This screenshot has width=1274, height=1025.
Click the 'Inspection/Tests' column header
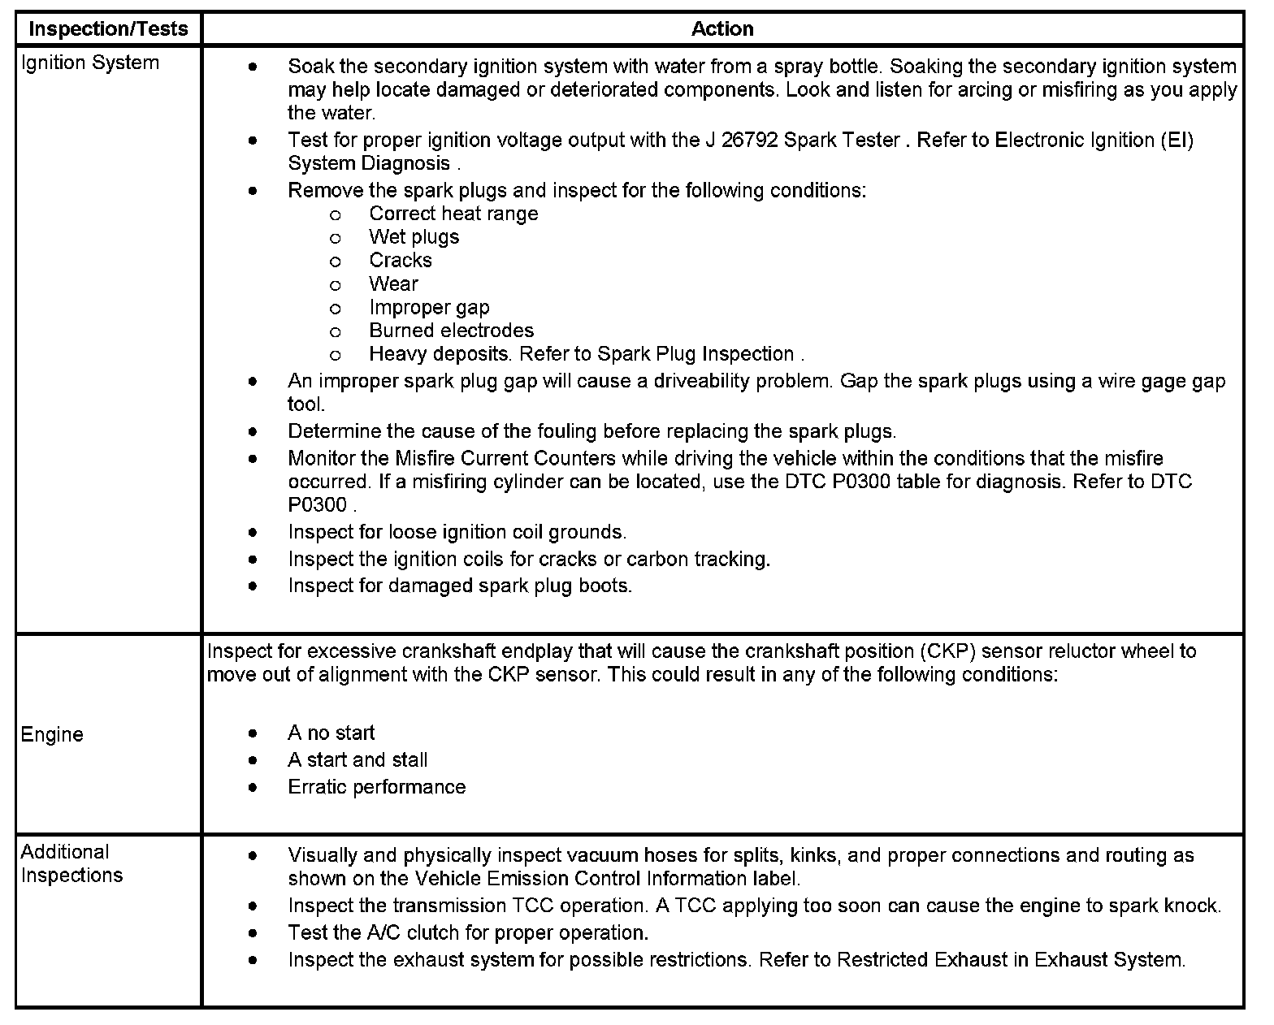point(108,29)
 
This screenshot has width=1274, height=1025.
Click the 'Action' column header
point(722,29)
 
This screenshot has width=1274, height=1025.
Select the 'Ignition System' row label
point(89,63)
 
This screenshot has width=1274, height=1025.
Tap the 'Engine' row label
point(52,735)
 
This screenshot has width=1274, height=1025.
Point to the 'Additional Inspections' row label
point(71,863)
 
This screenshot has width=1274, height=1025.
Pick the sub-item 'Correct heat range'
point(453,214)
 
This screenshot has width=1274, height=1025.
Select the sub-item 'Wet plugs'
point(414,237)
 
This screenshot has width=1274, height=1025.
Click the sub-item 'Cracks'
point(401,261)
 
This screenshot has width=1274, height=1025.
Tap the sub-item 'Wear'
point(393,284)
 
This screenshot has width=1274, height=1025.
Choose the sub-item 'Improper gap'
point(429,308)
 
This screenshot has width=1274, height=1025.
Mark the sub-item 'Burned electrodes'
point(451,331)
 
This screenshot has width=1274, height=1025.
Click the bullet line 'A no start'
point(331,733)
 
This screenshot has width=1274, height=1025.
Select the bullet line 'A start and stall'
point(357,760)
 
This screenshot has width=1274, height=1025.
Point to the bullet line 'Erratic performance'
point(376,787)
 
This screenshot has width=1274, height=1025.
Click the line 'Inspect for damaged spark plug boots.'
point(460,586)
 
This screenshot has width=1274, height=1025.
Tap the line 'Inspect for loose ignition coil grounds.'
point(457,532)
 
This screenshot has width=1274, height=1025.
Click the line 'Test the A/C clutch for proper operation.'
point(468,932)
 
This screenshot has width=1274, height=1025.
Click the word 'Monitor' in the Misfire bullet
point(322,458)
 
